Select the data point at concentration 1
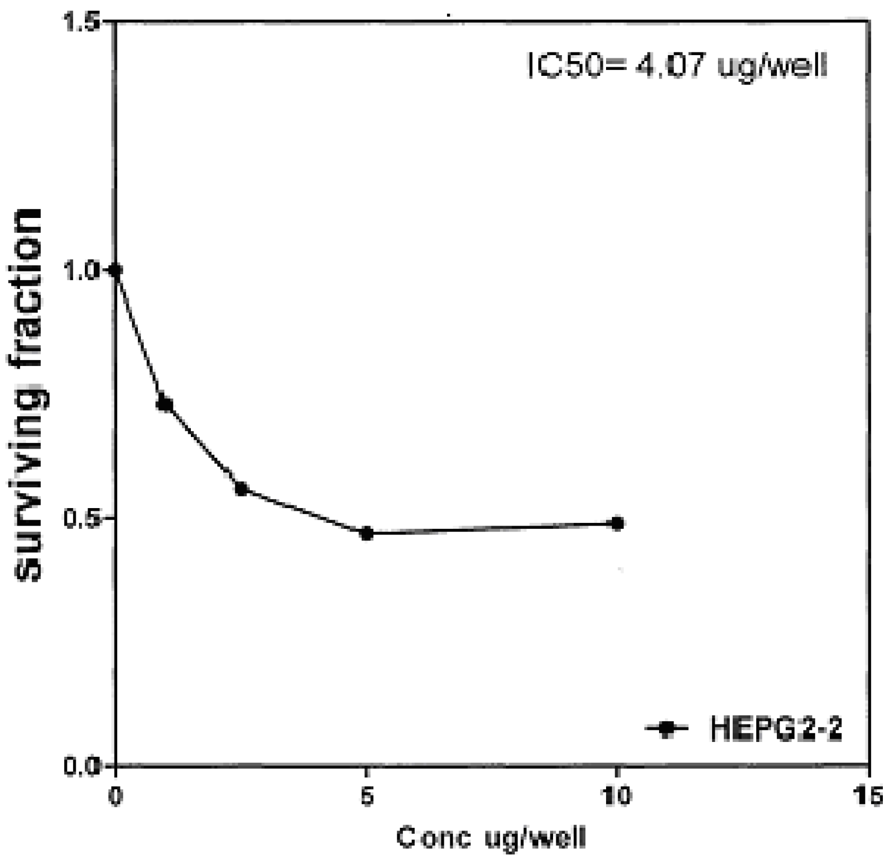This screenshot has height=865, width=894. [165, 404]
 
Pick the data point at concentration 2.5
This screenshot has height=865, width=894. [241, 489]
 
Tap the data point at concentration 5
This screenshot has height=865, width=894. [366, 533]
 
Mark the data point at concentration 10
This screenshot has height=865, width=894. [617, 523]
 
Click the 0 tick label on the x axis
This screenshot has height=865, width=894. [115, 797]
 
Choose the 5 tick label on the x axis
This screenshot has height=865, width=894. [366, 797]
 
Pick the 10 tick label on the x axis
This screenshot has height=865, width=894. [617, 797]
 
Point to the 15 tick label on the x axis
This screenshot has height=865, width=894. [868, 797]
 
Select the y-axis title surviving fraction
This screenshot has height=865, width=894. [29, 395]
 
